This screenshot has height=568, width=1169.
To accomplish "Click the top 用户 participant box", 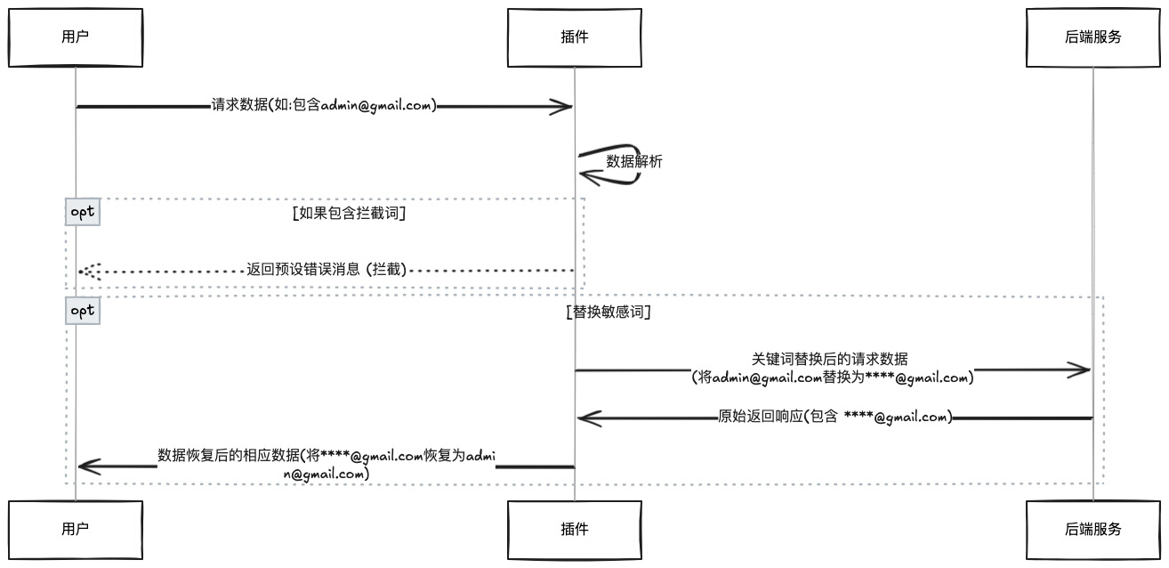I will coord(76,37).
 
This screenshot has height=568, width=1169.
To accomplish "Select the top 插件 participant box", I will coord(574,37).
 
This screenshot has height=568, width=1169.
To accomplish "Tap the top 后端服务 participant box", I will coord(1093,37).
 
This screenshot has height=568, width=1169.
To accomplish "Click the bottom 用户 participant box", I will coord(76,530).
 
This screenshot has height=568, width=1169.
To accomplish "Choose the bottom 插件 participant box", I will coord(574,530).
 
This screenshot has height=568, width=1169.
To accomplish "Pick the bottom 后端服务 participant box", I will coord(1093,530).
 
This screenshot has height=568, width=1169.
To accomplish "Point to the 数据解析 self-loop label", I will coord(633,162).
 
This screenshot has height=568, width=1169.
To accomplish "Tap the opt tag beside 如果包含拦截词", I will coord(83,212).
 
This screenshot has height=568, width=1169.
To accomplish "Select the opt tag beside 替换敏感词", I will coord(83,311).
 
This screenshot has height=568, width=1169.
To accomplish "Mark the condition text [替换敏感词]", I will coord(609,312).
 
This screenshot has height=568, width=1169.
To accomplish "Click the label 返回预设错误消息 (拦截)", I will coord(327,270).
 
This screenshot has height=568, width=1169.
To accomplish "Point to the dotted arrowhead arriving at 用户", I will coord(88,271).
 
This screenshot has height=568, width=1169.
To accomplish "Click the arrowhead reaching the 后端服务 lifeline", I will coord(1080,370).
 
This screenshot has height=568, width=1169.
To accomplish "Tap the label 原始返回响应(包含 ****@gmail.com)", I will coord(834,417).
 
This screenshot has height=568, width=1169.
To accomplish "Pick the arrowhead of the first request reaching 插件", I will coord(560,107).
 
